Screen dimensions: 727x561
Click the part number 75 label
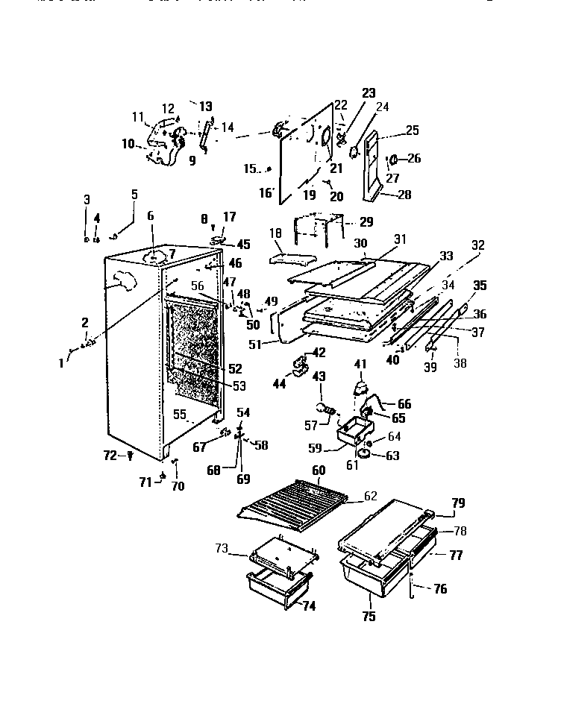(369, 617)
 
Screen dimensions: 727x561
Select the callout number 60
(319, 470)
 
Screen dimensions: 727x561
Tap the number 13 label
(205, 107)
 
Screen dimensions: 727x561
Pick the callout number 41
(360, 364)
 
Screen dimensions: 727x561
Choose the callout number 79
(457, 503)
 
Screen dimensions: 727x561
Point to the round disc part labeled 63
(366, 453)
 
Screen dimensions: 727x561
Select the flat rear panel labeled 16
(298, 160)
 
